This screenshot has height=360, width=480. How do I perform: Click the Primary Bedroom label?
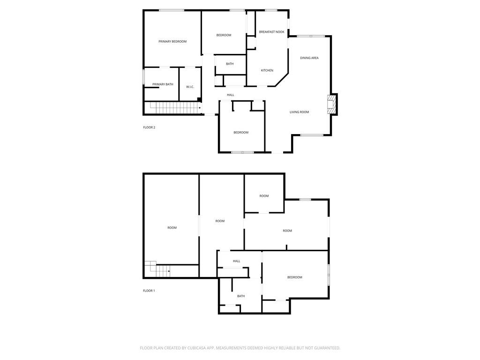pyautogui.click(x=172, y=42)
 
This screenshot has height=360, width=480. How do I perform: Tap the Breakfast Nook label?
pyautogui.click(x=271, y=32)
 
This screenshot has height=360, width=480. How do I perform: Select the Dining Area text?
pyautogui.click(x=309, y=58)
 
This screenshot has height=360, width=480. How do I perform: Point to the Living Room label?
pyautogui.click(x=299, y=112)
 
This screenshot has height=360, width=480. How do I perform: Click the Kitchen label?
pyautogui.click(x=267, y=71)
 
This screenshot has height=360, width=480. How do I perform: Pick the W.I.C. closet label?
pyautogui.click(x=190, y=87)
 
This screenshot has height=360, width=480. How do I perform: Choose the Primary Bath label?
pyautogui.click(x=163, y=84)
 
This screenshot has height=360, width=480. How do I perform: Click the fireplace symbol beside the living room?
pyautogui.click(x=332, y=104)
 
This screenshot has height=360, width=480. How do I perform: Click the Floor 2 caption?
pyautogui.click(x=149, y=127)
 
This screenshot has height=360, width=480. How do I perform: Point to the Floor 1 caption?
pyautogui.click(x=149, y=291)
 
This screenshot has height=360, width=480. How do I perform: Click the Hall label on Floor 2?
pyautogui.click(x=230, y=95)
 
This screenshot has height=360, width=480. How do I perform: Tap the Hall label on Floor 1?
pyautogui.click(x=236, y=261)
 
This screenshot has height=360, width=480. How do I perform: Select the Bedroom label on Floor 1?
pyautogui.click(x=294, y=277)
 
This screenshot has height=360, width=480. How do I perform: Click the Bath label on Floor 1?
pyautogui.click(x=240, y=296)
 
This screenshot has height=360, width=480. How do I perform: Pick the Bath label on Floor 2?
pyautogui.click(x=230, y=64)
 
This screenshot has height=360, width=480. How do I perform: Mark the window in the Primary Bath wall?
pyautogui.click(x=143, y=77)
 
